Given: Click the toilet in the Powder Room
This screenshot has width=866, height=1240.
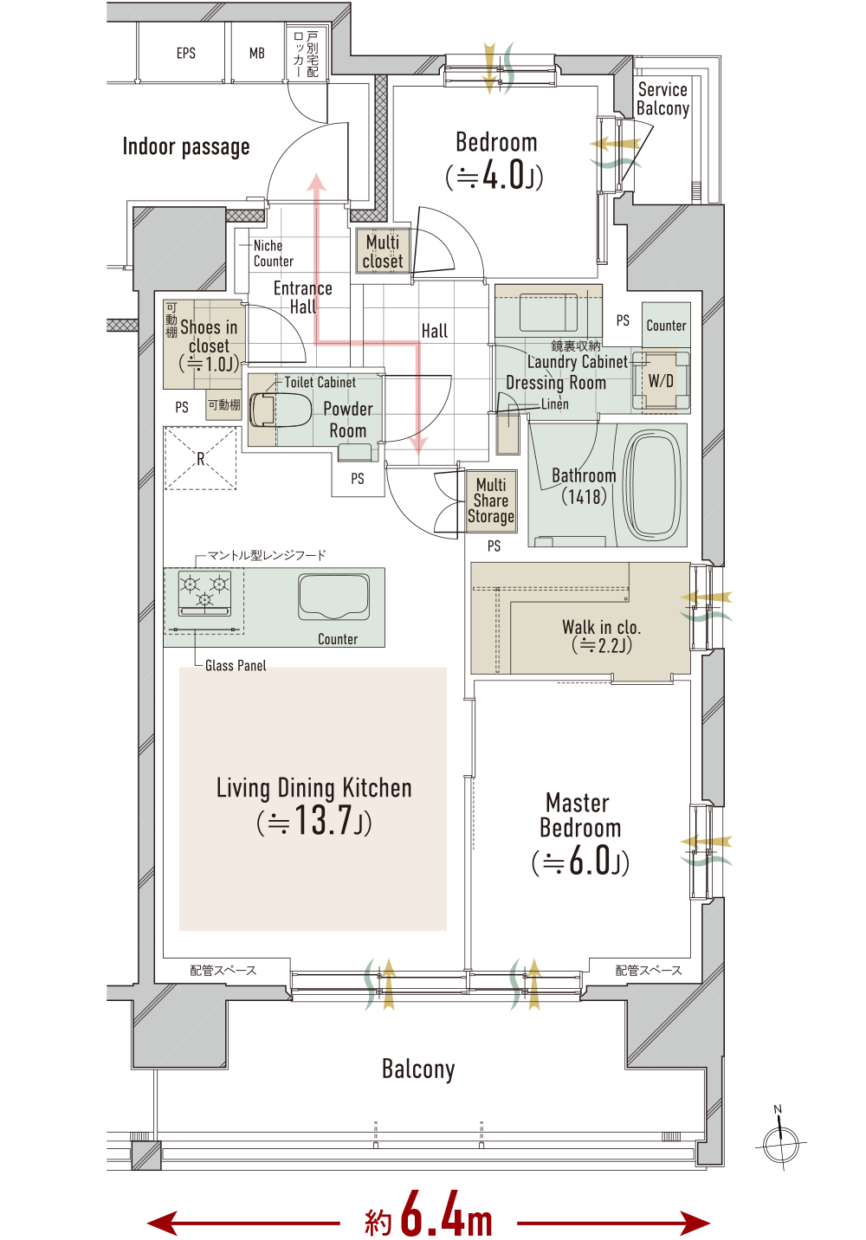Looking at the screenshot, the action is point(280,410).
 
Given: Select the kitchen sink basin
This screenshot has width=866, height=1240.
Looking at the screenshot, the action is point(334,597).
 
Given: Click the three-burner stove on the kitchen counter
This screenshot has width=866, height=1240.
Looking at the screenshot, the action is point(204,593).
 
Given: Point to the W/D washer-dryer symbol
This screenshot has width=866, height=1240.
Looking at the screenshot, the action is point(661,380).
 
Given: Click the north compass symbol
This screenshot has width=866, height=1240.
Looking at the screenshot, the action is point(781,1142).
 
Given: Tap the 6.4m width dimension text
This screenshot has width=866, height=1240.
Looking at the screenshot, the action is point(429,1215).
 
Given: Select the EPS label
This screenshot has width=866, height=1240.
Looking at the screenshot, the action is point(186,53).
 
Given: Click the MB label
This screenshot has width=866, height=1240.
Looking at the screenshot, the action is point(257,53).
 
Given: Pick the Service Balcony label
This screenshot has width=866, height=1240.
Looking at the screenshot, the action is point(662,99).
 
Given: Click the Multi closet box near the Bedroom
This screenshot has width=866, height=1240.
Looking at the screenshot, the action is point(383,251).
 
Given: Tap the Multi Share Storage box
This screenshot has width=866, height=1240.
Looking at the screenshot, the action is point(491,501).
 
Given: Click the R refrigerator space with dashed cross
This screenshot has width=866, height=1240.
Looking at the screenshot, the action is point(200,458).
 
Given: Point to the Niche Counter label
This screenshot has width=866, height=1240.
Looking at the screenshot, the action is point(274,254).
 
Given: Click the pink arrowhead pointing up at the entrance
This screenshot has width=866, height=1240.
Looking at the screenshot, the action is point(316,182).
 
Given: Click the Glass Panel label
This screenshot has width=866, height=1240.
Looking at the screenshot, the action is point(236,665).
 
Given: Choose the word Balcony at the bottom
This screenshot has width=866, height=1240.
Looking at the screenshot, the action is point(418,1069).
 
